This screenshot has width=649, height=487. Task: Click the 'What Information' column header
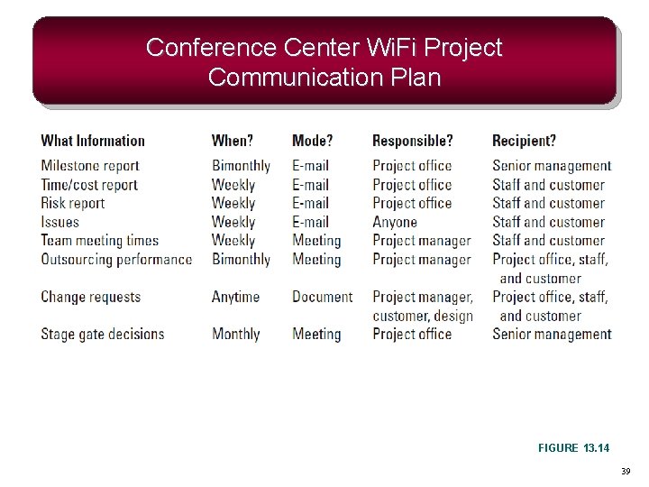coord(93,141)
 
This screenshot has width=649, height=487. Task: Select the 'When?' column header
coord(233,141)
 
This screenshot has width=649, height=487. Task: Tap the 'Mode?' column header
coord(312,141)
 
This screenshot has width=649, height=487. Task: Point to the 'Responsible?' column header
coord(413,141)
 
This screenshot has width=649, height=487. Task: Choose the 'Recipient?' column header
coord(524,141)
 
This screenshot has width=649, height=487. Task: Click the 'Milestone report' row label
coord(90,166)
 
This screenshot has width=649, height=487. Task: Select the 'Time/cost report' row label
coord(89,185)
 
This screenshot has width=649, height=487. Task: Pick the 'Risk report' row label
coord(73,203)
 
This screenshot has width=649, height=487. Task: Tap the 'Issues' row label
coord(60,222)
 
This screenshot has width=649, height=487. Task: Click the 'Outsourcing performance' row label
coord(116,260)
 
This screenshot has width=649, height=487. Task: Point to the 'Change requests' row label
coord(91,297)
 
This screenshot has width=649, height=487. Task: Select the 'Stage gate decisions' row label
coord(103,334)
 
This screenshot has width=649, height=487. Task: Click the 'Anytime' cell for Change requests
coord(235,297)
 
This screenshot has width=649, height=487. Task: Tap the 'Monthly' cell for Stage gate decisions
coord(236,334)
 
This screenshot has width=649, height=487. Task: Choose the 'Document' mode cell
coord(323,297)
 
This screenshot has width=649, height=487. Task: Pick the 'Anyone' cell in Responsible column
coord(395,222)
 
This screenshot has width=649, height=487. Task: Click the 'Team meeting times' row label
coord(99,241)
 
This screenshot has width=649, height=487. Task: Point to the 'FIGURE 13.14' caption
coord(573,448)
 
